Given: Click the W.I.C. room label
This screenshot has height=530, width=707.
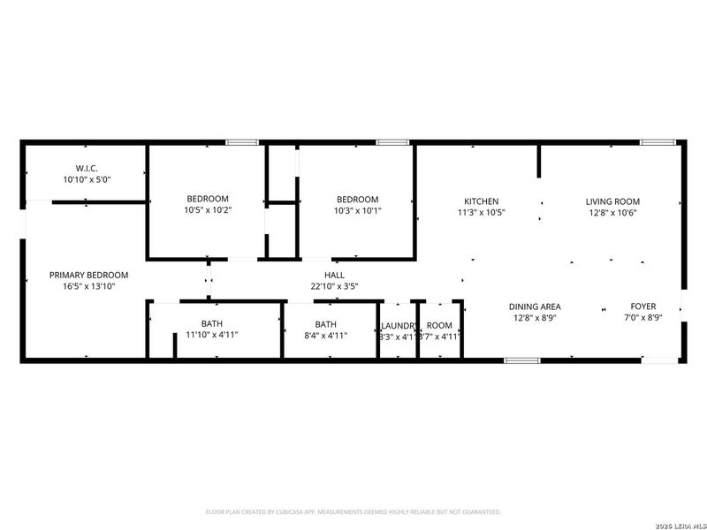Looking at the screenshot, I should [87, 168].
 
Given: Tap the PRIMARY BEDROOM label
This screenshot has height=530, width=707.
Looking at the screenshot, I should [88, 275].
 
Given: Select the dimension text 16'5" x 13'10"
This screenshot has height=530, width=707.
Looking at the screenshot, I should [88, 286].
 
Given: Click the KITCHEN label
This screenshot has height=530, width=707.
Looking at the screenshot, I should [478, 201].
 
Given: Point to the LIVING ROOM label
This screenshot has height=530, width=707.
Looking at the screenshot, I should [612, 201].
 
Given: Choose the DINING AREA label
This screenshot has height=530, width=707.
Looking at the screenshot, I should [535, 307].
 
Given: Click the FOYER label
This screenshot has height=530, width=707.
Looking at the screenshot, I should [642, 307].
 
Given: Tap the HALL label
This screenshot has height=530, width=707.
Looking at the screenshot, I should [334, 275].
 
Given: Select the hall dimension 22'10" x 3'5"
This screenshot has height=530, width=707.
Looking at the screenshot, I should [334, 286].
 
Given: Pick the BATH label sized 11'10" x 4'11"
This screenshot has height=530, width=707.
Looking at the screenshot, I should [211, 324].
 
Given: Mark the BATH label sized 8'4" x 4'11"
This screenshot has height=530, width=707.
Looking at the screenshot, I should [326, 324].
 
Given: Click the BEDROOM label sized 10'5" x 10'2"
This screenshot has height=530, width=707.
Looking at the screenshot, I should [208, 199].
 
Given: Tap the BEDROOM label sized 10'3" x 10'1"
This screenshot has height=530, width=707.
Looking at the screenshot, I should [357, 200].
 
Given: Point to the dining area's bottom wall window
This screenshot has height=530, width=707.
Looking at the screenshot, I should [521, 360].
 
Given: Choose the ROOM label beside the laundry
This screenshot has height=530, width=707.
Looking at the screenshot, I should [439, 325].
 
